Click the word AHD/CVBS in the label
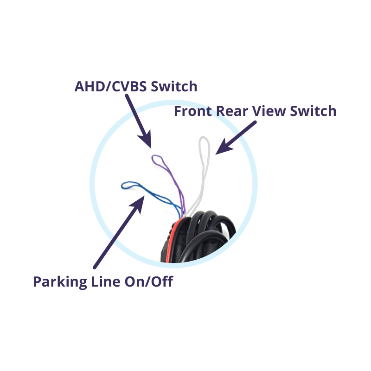[x=110, y=86]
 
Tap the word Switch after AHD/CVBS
[x=174, y=86]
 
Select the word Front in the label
[x=193, y=111]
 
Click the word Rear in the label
[x=232, y=111]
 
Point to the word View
[x=269, y=111]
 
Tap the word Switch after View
[x=313, y=111]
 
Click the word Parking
[x=60, y=282]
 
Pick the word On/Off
[x=149, y=281]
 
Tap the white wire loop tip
[x=204, y=137]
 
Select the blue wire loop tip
[x=122, y=185]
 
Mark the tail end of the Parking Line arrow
[x=95, y=268]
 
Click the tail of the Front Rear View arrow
[x=255, y=122]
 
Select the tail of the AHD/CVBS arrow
[x=127, y=96]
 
